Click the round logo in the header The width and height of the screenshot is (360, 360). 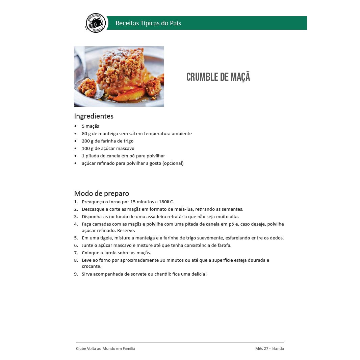[96, 23]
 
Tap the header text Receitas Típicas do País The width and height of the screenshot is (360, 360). [148, 23]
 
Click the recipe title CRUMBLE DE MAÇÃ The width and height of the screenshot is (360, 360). [218, 77]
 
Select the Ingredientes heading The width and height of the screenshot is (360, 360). [94, 116]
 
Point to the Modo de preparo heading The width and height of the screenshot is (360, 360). [101, 194]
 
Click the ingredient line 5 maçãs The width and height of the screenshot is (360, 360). [90, 126]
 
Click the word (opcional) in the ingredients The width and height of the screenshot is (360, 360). [173, 163]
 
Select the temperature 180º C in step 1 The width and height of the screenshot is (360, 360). [166, 202]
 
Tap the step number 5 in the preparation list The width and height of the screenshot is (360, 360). [76, 238]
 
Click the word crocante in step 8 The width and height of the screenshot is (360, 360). [92, 266]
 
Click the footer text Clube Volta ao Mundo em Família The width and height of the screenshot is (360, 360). [105, 349]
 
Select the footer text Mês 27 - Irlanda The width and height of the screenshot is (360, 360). [269, 349]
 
